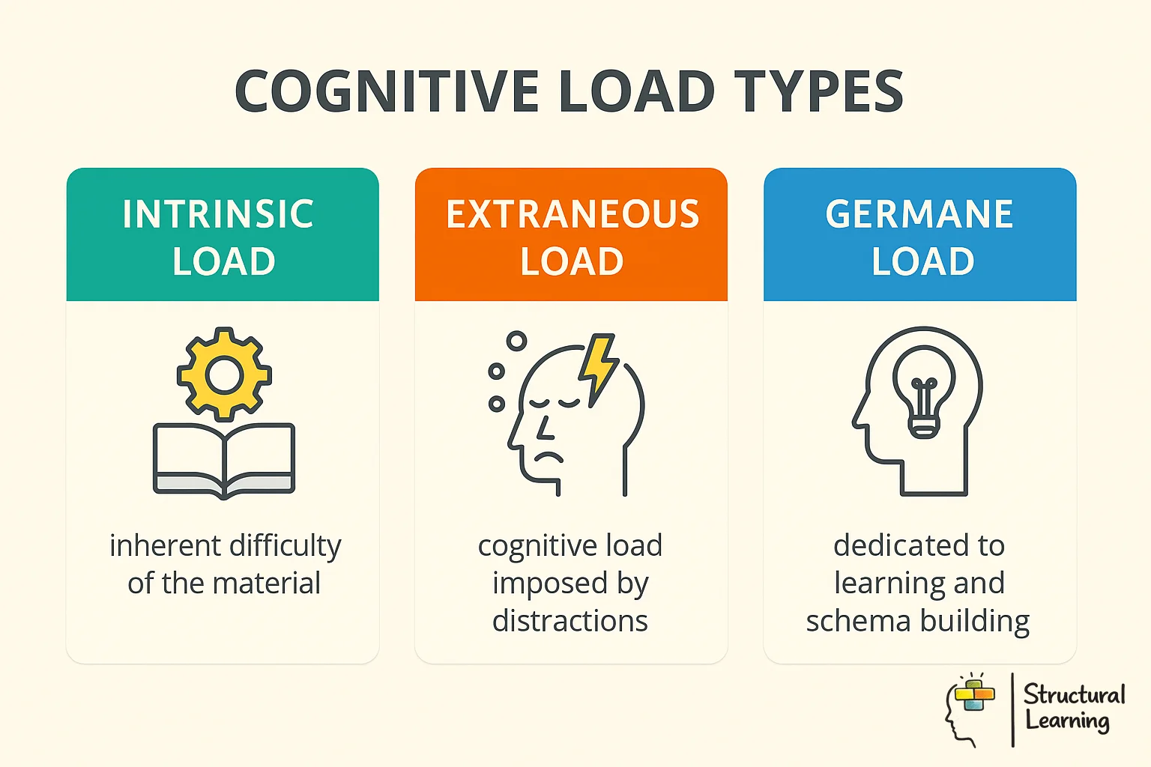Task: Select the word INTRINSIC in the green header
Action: [x=218, y=214]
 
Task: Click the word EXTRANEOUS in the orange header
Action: [x=573, y=214]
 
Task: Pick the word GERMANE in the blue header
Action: [x=919, y=214]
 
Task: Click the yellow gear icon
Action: [x=224, y=375]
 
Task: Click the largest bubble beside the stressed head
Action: [x=516, y=342]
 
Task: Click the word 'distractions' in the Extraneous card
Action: [x=570, y=621]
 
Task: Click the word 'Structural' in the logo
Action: [x=1074, y=695]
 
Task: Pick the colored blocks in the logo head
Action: [x=973, y=694]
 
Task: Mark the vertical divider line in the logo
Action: [x=1012, y=709]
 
